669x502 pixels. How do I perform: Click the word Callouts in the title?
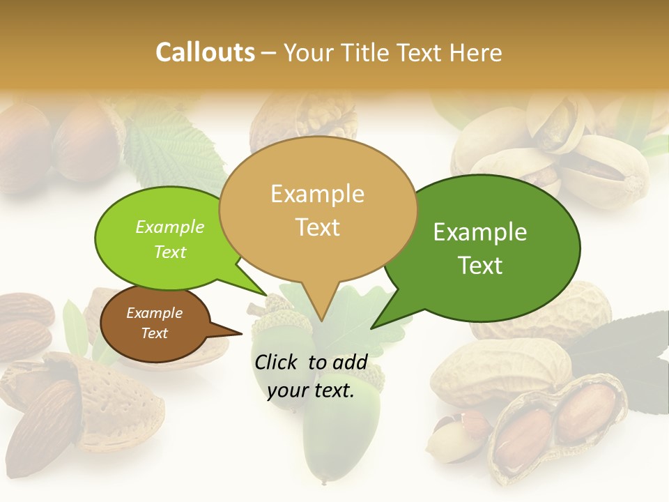coord(206,52)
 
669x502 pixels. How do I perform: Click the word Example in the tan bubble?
coord(318,194)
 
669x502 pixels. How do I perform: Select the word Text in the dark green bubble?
coord(481,266)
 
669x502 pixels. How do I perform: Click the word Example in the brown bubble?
coord(155,313)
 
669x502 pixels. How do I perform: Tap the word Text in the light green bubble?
coord(170,252)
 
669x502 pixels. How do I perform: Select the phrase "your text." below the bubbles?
coord(311,391)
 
